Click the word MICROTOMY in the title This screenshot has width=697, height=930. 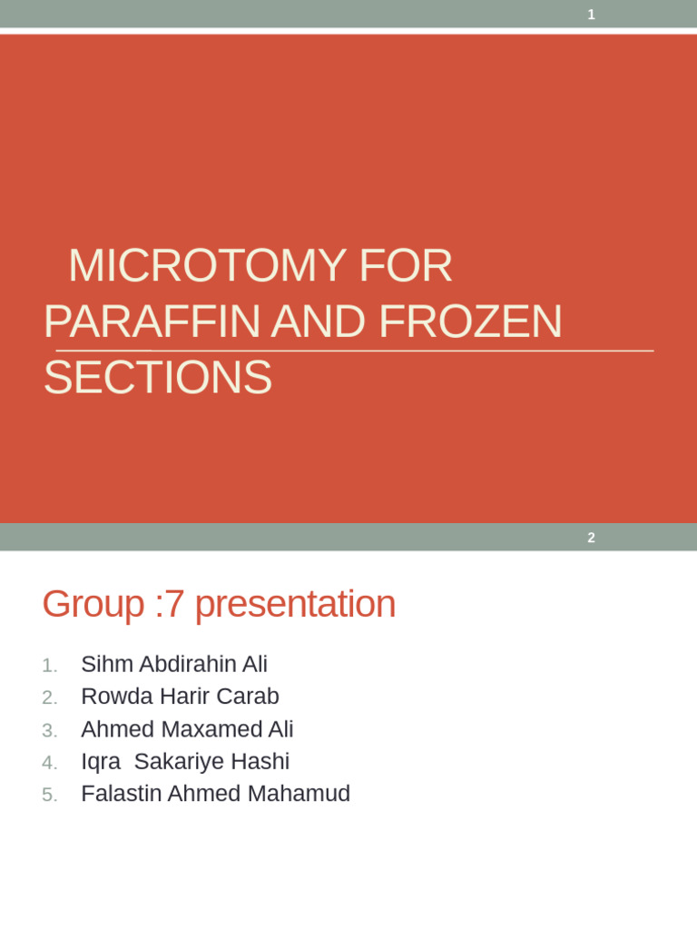point(207,266)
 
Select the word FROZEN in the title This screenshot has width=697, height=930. point(470,322)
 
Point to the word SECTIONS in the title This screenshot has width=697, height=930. point(158,378)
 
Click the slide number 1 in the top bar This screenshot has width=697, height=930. point(592,15)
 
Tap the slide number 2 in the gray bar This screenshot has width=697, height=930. point(592,538)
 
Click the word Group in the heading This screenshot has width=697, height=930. point(93,605)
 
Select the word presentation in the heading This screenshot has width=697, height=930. point(295,605)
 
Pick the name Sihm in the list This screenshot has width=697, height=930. point(107,665)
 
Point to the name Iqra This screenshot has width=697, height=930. point(101,761)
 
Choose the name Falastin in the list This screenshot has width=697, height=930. point(119,794)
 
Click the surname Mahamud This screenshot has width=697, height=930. point(299,794)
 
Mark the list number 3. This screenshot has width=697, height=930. point(50,730)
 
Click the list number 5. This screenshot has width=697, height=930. point(50,795)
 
